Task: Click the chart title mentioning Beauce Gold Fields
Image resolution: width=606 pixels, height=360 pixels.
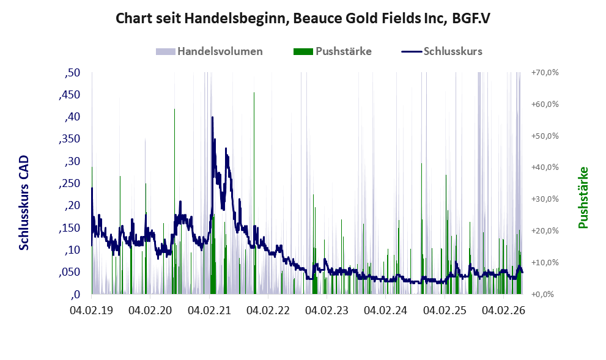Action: pos(303,18)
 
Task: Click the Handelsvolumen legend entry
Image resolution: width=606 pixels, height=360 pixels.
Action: pos(209,51)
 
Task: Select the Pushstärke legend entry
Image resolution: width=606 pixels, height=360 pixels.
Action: pos(333,51)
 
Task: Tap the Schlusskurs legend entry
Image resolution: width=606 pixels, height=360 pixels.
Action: pos(442,51)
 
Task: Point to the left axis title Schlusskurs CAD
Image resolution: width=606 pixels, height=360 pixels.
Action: pos(24,203)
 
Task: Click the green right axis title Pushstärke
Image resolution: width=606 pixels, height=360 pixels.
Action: pos(583,197)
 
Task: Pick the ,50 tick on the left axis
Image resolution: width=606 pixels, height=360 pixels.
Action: pos(72,73)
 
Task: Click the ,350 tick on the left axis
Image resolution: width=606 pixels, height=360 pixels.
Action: pos(70,139)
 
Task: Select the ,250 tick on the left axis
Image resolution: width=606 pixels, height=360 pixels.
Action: pos(70,183)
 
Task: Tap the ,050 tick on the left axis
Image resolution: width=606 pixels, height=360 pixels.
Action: pos(70,272)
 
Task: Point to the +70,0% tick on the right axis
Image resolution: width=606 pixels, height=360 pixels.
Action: pos(545,73)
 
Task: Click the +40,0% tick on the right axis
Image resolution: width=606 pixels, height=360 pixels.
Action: pos(545,167)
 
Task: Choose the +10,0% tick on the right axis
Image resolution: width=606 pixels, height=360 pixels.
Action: pos(545,262)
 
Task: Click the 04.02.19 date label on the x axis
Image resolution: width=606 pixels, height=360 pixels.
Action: pos(92,310)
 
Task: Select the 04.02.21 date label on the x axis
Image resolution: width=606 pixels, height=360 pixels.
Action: pos(209,310)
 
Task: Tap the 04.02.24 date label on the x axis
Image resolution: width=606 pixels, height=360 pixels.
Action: pos(385,310)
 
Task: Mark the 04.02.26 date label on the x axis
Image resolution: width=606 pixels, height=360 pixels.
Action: pos(503,310)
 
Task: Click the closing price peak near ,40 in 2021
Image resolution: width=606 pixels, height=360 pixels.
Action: pos(212,117)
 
